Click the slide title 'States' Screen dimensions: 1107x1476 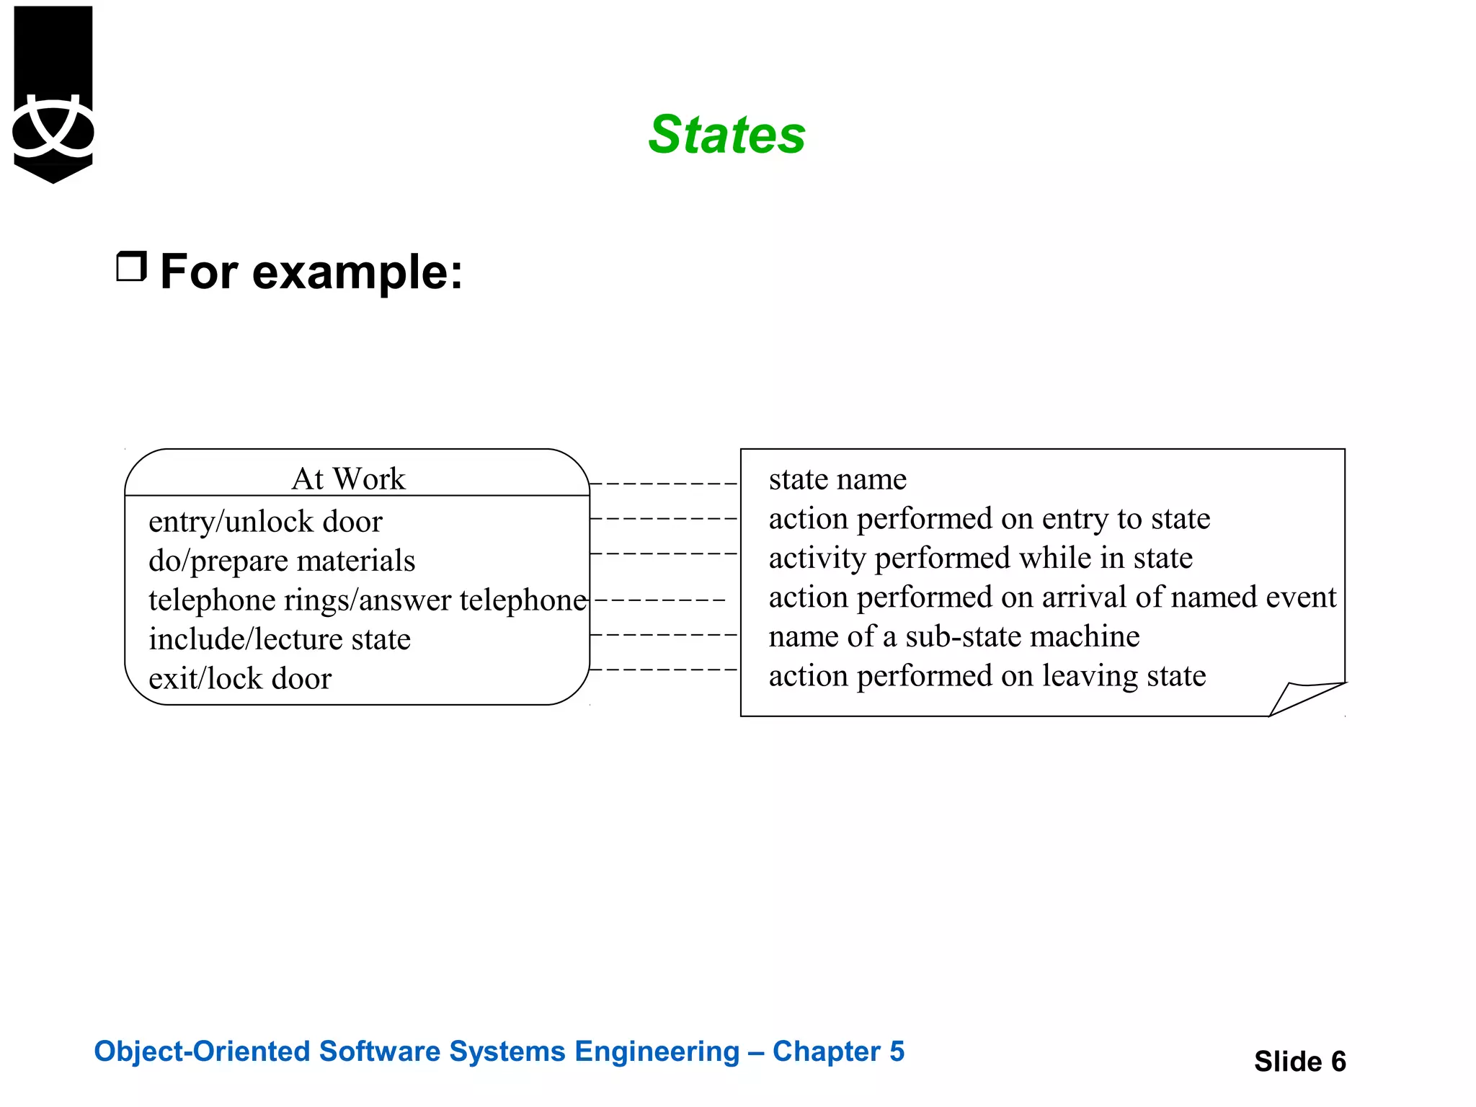(726, 135)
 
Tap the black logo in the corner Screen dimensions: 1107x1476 (53, 94)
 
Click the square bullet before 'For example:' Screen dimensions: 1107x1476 (131, 267)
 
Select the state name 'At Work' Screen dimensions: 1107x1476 (348, 479)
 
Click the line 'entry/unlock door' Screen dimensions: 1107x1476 (265, 521)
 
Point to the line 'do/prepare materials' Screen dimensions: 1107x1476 (282, 561)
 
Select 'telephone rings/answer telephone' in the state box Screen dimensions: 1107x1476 (368, 600)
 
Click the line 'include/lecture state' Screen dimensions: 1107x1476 (280, 639)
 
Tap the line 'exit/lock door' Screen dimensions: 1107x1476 (240, 678)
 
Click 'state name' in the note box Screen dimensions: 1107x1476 (837, 479)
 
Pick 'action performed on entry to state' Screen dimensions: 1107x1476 (989, 519)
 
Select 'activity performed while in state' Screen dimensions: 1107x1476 (980, 558)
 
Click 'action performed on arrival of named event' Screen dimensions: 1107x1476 (1052, 597)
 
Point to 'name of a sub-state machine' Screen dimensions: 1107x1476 (953, 636)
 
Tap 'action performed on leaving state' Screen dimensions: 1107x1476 (987, 676)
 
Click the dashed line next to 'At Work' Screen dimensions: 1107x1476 (663, 484)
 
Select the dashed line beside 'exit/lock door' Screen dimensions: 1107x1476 (663, 670)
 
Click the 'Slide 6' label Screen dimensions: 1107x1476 (1299, 1061)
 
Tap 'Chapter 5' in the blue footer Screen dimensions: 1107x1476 (838, 1051)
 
